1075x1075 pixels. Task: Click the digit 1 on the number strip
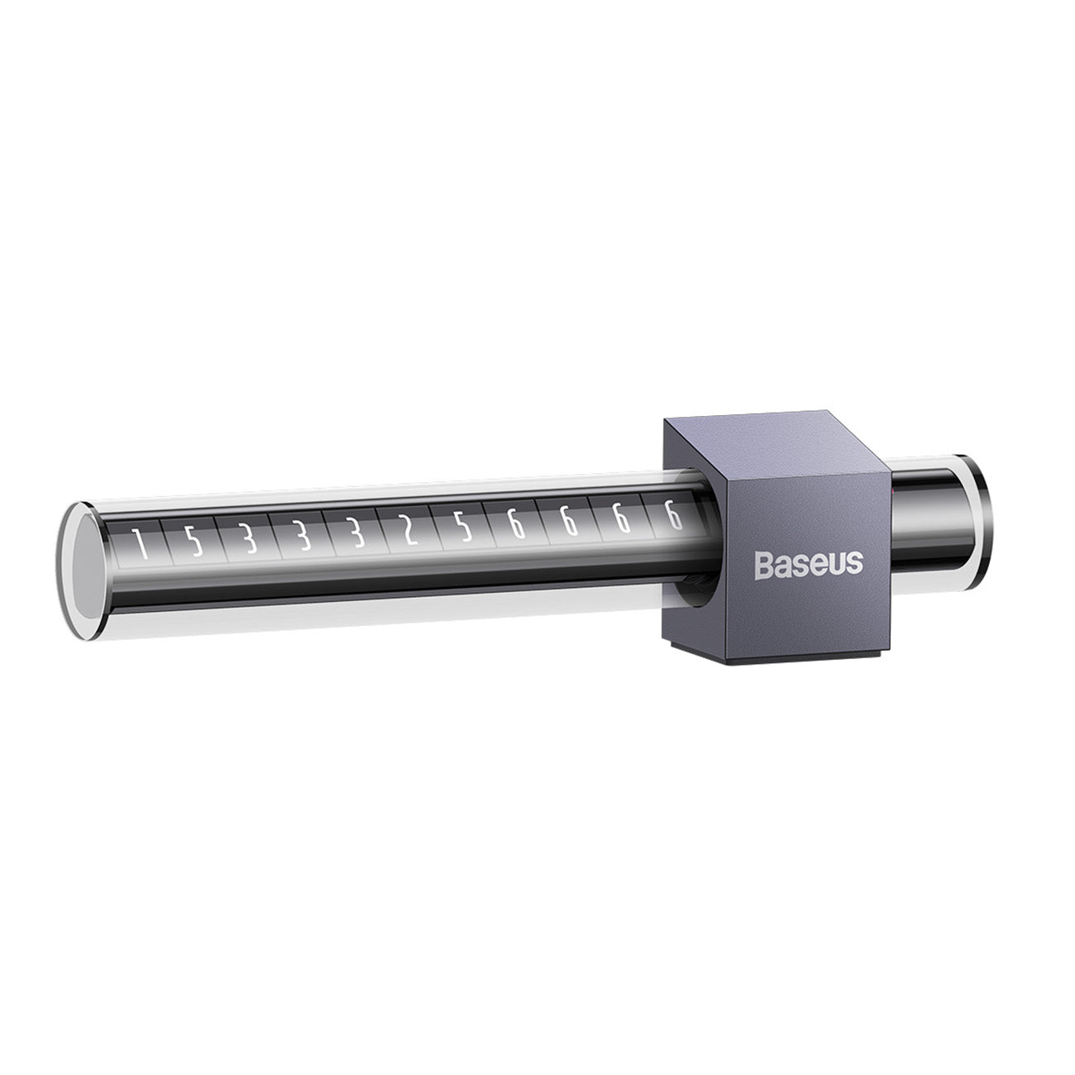pyautogui.click(x=141, y=546)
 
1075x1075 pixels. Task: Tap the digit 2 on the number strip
pyautogui.click(x=408, y=533)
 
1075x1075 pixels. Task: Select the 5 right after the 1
pyautogui.click(x=193, y=543)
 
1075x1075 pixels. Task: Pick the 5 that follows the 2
pyautogui.click(x=463, y=530)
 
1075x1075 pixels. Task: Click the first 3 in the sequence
pyautogui.click(x=247, y=541)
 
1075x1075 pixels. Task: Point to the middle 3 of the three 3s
pyautogui.click(x=302, y=538)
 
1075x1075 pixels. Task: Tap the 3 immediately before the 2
pyautogui.click(x=356, y=536)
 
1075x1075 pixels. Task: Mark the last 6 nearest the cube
pyautogui.click(x=673, y=518)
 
